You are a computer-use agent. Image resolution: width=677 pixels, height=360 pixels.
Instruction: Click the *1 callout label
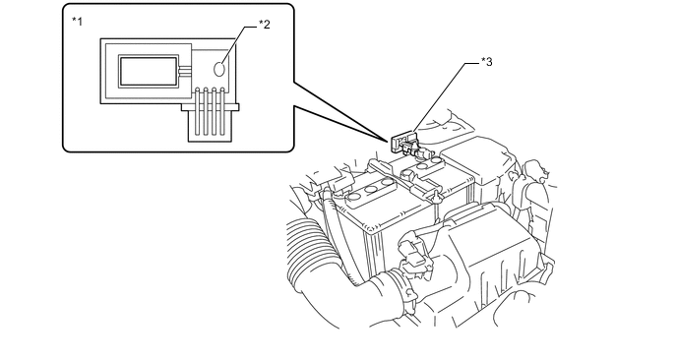[x=77, y=22]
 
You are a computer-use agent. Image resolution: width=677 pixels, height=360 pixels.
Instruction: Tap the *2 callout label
[x=265, y=25]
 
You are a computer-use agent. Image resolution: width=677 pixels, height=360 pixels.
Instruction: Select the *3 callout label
[x=486, y=62]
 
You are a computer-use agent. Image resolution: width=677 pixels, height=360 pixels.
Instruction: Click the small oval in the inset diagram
[x=220, y=69]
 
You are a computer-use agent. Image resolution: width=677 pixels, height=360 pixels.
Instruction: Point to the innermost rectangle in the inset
[x=149, y=72]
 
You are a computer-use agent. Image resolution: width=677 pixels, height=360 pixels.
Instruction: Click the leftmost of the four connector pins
[x=198, y=111]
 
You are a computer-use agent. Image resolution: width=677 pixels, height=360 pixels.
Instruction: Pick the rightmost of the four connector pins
[x=222, y=111]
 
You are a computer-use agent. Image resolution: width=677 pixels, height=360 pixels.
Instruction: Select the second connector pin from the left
[x=206, y=111]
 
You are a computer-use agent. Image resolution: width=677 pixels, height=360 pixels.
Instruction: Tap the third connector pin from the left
[x=215, y=111]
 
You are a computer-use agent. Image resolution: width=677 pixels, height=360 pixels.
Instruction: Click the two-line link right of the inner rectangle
[x=185, y=72]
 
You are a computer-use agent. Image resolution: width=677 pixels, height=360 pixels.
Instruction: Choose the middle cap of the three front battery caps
[x=370, y=190]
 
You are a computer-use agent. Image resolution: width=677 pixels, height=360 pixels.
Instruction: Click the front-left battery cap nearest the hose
[x=354, y=197]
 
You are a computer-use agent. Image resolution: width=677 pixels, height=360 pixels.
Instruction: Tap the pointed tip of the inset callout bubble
[x=388, y=141]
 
